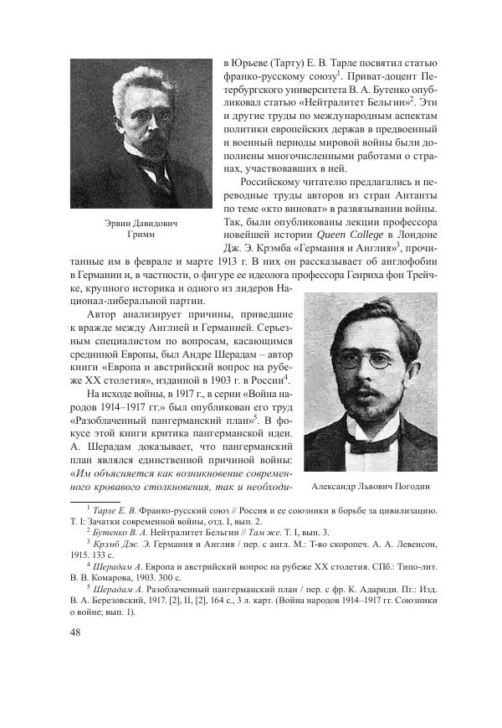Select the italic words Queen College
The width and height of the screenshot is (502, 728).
pyautogui.click(x=351, y=234)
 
